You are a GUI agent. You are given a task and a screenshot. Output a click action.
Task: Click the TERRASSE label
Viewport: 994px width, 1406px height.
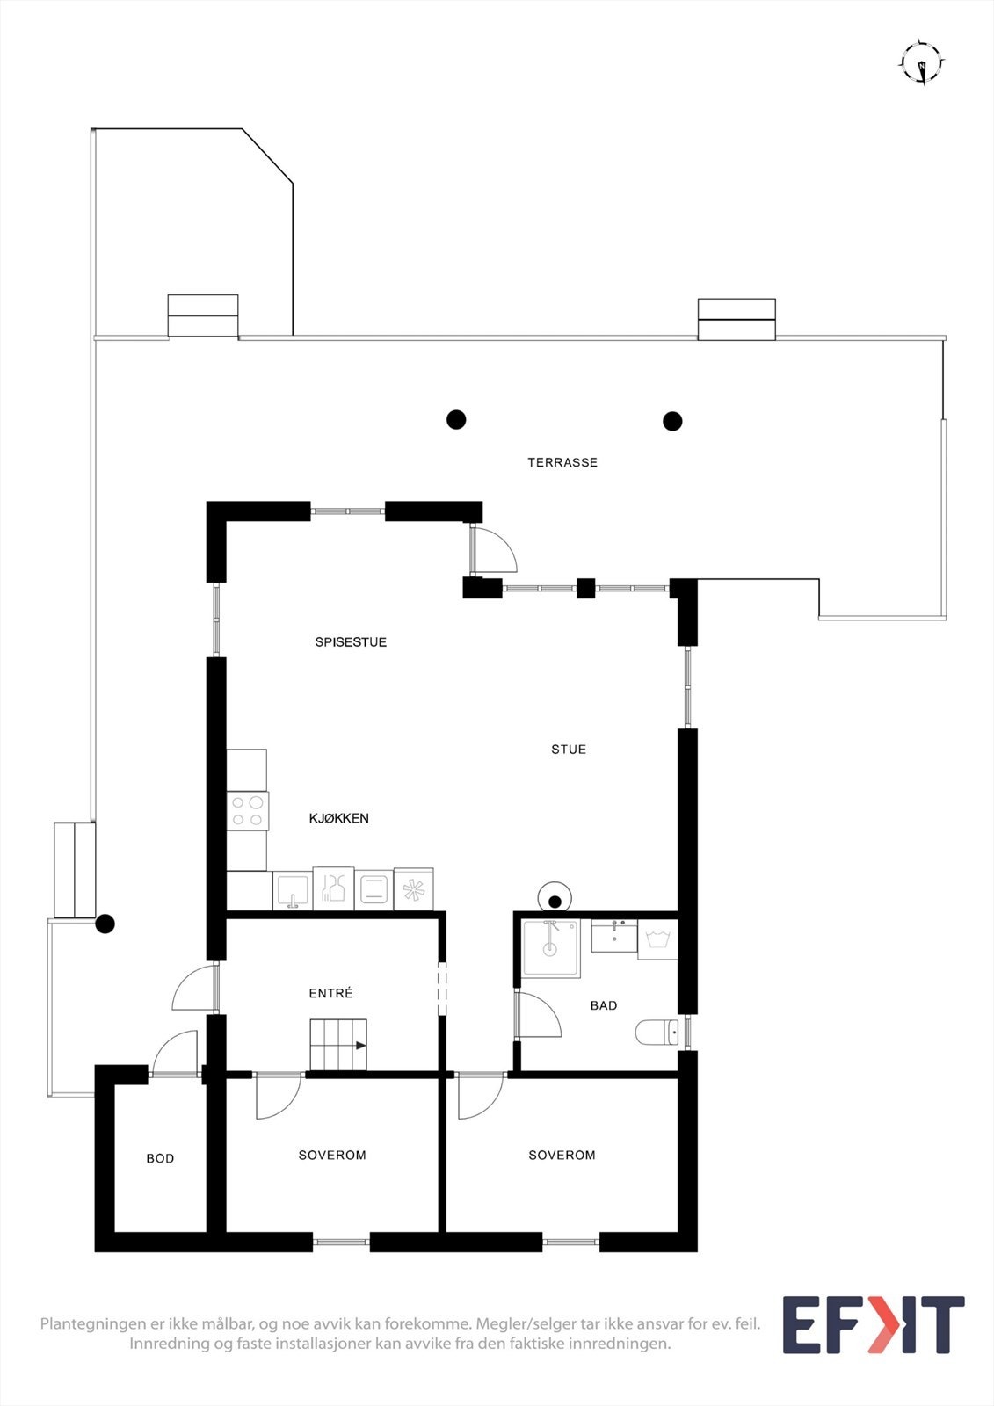pos(562,462)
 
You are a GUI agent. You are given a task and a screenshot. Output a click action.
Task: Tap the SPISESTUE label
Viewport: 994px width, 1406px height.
pos(351,642)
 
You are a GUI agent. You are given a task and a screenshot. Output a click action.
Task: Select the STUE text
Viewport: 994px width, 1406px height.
pos(569,750)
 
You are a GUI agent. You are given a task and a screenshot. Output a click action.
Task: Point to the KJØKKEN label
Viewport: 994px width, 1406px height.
pos(338,818)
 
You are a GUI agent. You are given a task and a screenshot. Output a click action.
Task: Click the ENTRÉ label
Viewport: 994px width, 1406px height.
pos(330,993)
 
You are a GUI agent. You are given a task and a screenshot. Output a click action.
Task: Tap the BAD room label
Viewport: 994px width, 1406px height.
pos(604,1005)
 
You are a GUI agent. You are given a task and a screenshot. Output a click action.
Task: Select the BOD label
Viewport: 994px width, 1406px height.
pos(160,1158)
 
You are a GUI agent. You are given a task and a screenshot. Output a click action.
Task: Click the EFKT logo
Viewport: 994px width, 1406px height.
pos(873,1324)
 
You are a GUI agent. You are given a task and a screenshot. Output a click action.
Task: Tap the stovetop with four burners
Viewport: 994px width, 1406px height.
pos(247,811)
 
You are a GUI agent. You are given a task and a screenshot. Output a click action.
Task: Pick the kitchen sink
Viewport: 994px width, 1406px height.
pos(293,890)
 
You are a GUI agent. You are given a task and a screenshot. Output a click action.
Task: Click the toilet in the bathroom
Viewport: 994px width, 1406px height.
pos(657,1032)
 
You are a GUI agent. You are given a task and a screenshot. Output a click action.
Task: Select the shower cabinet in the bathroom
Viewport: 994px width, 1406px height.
pos(551,947)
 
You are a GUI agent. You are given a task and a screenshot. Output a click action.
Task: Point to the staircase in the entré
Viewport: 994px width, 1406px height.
pos(337,1045)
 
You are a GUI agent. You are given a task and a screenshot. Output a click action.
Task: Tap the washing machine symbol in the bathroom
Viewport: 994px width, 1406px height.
pos(657,940)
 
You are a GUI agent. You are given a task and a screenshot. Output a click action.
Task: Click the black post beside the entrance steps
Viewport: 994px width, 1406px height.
pos(105,924)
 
